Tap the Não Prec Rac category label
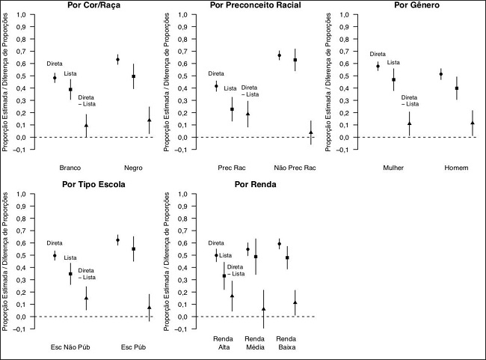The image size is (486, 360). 295,167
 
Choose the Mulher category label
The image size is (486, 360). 393,167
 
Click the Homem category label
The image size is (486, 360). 457,167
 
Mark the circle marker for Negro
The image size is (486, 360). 118,60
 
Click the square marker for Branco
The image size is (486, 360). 70,89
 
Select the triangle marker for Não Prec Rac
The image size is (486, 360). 311,132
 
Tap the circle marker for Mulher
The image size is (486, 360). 378,67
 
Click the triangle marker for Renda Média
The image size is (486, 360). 263,309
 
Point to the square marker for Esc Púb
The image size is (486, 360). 134,249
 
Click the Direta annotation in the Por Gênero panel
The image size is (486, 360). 378,54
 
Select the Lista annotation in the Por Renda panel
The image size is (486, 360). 226,257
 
